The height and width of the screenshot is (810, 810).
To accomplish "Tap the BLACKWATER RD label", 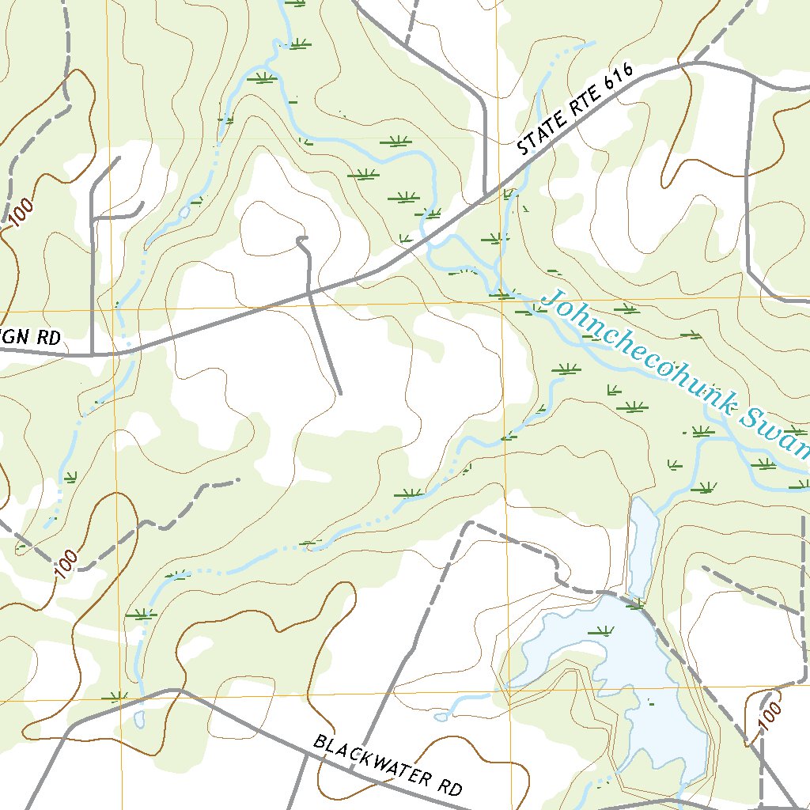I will [x=388, y=765].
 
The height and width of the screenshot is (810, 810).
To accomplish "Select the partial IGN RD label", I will [x=30, y=337].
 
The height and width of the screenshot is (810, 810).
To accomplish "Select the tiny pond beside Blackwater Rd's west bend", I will [x=140, y=719].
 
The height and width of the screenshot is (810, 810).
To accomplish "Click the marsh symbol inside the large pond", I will [x=603, y=631].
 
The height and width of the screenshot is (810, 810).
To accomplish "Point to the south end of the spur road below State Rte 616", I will [x=339, y=392].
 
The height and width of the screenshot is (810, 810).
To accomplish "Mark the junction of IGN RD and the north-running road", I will [x=93, y=354].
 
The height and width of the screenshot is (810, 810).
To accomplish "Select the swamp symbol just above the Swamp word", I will [x=701, y=432].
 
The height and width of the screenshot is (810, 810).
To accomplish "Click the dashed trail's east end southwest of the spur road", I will [x=237, y=479].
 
